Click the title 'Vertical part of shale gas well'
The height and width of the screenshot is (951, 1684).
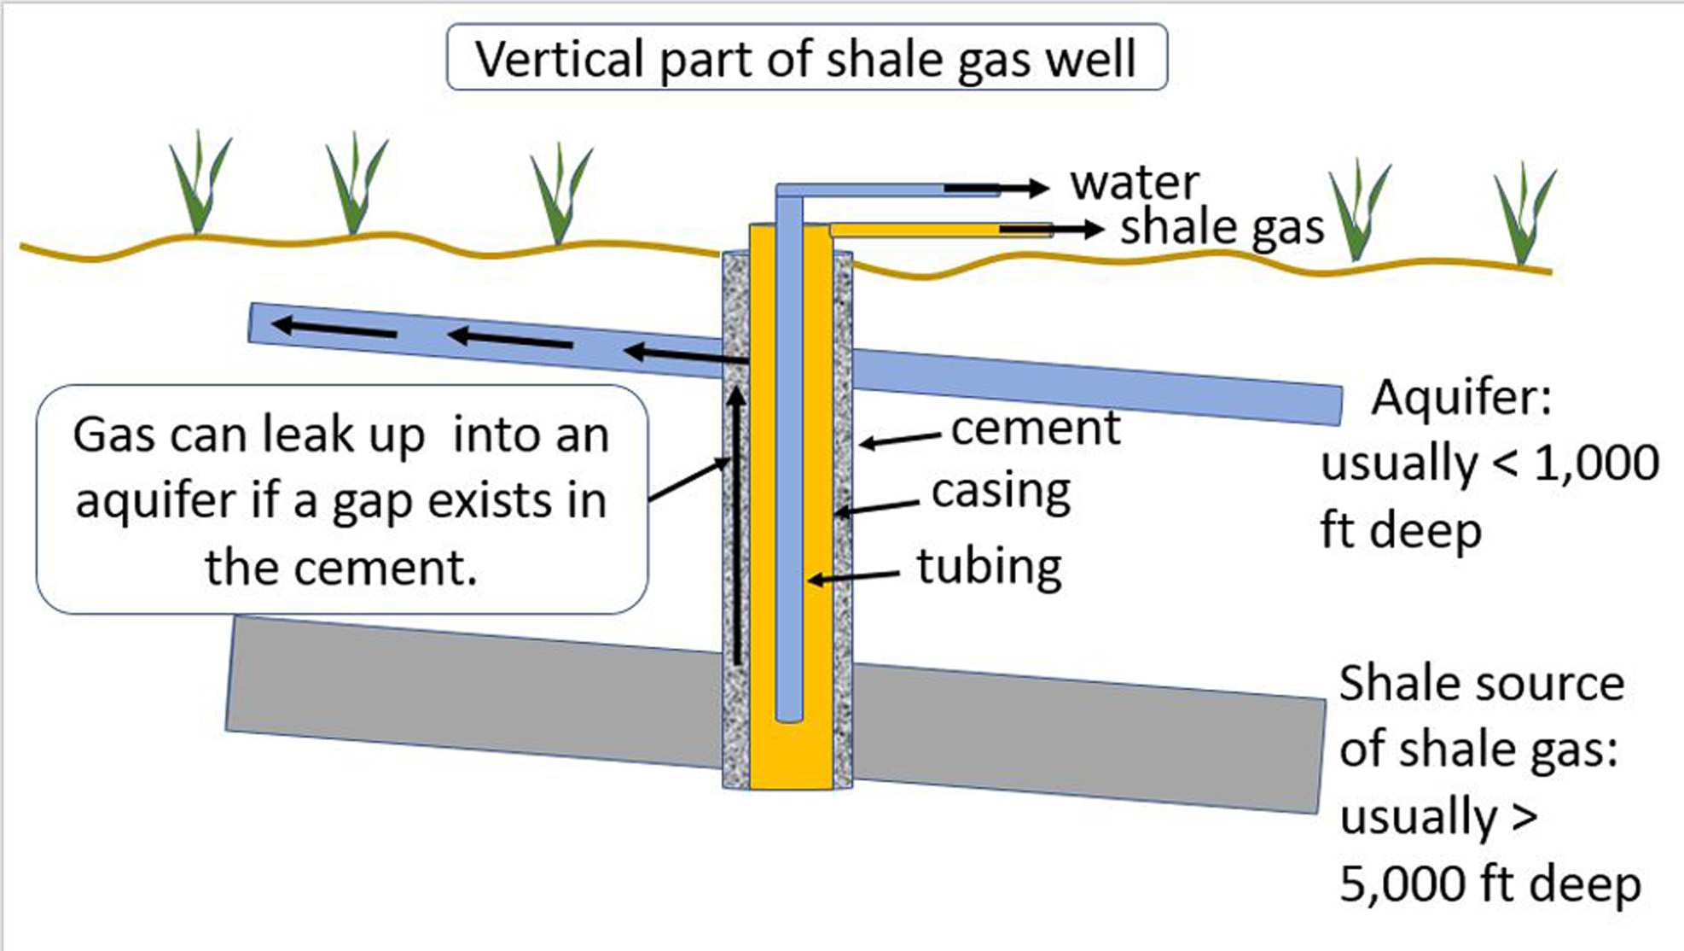pyautogui.click(x=805, y=58)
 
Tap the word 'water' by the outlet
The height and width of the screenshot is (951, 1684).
pyautogui.click(x=1135, y=183)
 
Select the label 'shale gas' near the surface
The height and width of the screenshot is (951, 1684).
pyautogui.click(x=1222, y=228)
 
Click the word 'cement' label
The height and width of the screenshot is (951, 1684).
pyautogui.click(x=1035, y=428)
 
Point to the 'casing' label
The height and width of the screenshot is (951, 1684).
pyautogui.click(x=1001, y=492)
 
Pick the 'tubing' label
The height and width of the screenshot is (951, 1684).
pyautogui.click(x=989, y=566)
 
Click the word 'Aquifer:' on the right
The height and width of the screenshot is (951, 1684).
pyautogui.click(x=1461, y=398)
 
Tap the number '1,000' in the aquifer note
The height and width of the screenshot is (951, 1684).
pyautogui.click(x=1596, y=464)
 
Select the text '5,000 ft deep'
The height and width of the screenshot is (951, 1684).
pyautogui.click(x=1489, y=884)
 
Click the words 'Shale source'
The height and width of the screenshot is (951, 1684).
pyautogui.click(x=1481, y=684)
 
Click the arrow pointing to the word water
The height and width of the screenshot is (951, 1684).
pyautogui.click(x=996, y=188)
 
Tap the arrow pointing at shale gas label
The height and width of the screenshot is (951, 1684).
pyautogui.click(x=1051, y=229)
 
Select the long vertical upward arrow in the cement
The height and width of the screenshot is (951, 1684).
pyautogui.click(x=736, y=525)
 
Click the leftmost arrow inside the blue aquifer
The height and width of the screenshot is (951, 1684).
pyautogui.click(x=334, y=328)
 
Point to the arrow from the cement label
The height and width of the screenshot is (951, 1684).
pyautogui.click(x=900, y=440)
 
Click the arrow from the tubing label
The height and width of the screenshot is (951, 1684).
pyautogui.click(x=853, y=578)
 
